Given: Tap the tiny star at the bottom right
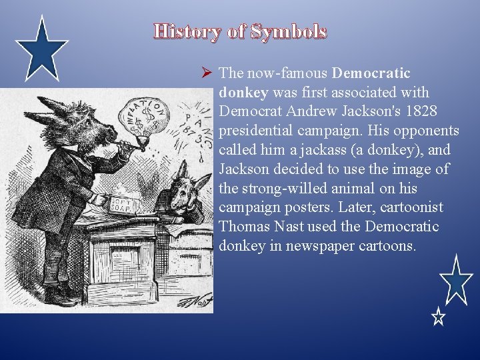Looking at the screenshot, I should (x=437, y=317).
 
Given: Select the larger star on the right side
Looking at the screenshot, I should (x=457, y=280).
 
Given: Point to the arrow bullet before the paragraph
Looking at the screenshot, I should (x=206, y=73).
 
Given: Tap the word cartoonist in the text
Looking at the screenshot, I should (x=403, y=207).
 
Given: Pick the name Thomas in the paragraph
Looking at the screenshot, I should (x=244, y=227).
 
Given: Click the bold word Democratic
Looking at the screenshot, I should (x=371, y=72).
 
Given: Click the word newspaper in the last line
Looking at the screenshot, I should (x=311, y=246).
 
